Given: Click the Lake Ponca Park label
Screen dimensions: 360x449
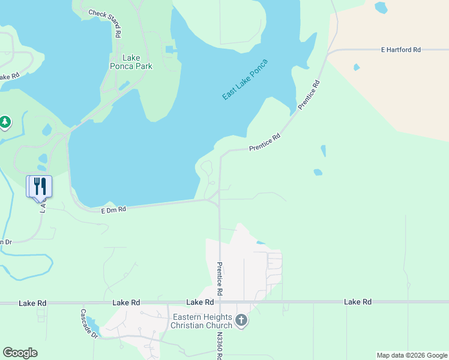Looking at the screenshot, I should click(131, 62).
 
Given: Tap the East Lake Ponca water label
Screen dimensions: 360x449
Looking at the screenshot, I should click(244, 79).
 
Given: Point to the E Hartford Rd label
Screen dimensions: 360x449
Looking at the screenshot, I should click(400, 50).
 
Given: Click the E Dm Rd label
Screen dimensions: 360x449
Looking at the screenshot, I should click(113, 210).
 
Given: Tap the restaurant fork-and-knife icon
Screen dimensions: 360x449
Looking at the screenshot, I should click(40, 185).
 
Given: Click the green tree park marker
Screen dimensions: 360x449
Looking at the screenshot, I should click(5, 123).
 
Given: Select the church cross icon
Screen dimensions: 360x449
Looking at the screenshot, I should click(241, 320).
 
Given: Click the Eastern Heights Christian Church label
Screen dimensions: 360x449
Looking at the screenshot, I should click(201, 321).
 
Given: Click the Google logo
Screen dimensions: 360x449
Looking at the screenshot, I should click(20, 353).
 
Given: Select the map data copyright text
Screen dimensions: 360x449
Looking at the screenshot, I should click(412, 355).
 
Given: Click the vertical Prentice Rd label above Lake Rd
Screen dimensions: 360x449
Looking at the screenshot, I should click(220, 278).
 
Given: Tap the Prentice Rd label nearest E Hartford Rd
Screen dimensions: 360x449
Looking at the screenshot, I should click(309, 93).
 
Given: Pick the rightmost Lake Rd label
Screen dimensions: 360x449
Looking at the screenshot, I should click(358, 302).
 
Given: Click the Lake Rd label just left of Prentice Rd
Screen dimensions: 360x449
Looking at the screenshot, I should click(200, 302).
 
